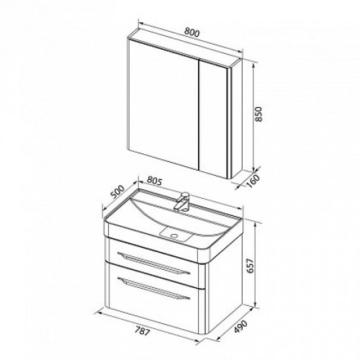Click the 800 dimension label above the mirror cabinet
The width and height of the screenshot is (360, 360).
coord(192,33)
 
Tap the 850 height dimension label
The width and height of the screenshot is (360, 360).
coord(259,114)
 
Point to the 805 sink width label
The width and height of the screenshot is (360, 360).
coord(155,181)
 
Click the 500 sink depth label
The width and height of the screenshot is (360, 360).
coord(118,192)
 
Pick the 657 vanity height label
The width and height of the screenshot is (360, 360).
coord(251,266)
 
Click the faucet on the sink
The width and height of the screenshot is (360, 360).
coord(182,201)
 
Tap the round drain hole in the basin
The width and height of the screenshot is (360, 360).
coord(174,236)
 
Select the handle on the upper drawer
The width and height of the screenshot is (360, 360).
coord(154,263)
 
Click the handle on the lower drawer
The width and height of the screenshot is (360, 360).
coord(154,288)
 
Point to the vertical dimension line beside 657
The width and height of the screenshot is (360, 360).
coord(256,264)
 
